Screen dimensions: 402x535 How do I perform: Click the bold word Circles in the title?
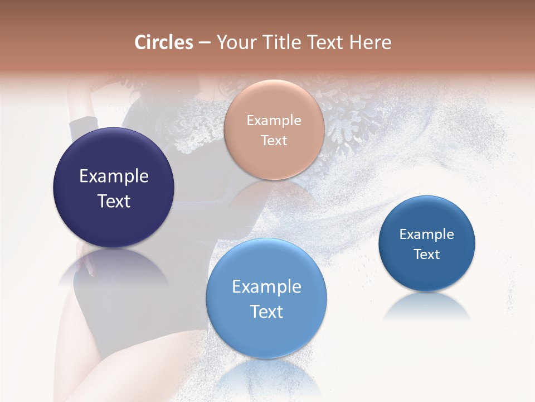click(x=164, y=42)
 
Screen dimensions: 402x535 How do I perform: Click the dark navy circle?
click(x=114, y=162)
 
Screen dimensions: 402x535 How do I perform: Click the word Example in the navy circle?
click(x=114, y=176)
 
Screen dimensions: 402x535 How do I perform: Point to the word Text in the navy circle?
click(x=114, y=201)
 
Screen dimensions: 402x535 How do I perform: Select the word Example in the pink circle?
click(x=274, y=121)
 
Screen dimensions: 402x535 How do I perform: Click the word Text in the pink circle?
click(x=274, y=141)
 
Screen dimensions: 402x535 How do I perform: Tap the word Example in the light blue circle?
click(x=266, y=287)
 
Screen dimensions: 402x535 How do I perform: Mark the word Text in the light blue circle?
click(x=266, y=312)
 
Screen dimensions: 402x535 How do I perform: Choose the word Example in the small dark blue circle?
click(x=426, y=234)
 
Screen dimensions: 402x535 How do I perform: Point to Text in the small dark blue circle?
click(x=426, y=255)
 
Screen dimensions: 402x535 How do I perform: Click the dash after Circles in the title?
click(x=205, y=43)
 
